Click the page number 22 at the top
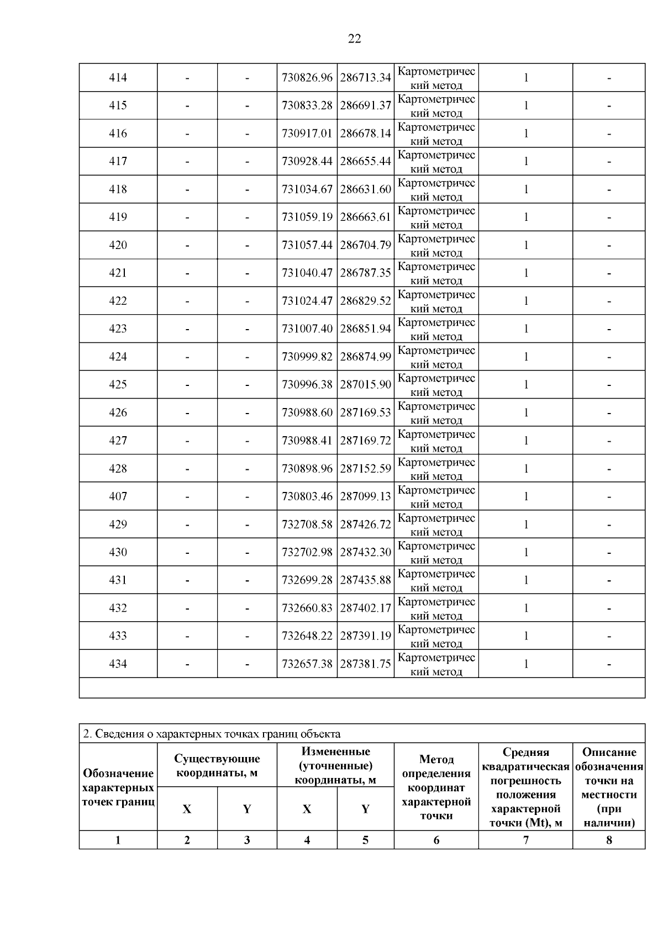pyautogui.click(x=354, y=39)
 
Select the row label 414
pyautogui.click(x=118, y=78)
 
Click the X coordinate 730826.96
pyautogui.click(x=307, y=78)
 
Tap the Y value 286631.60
pyautogui.click(x=365, y=189)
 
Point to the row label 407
pyautogui.click(x=118, y=496)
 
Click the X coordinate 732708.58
pyautogui.click(x=307, y=525)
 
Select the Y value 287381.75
pyautogui.click(x=365, y=664)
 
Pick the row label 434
pyautogui.click(x=118, y=664)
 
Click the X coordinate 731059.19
pyautogui.click(x=307, y=217)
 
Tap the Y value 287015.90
pyautogui.click(x=365, y=384)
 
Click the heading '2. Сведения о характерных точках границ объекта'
pyautogui.click(x=212, y=734)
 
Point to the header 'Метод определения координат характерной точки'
pyautogui.click(x=436, y=787)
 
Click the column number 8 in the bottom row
pyautogui.click(x=609, y=840)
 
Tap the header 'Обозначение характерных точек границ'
pyautogui.click(x=118, y=787)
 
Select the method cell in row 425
pyautogui.click(x=436, y=385)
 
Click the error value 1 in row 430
pyautogui.click(x=526, y=552)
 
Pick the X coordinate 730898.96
pyautogui.click(x=307, y=469)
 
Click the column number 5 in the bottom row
pyautogui.click(x=365, y=840)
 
